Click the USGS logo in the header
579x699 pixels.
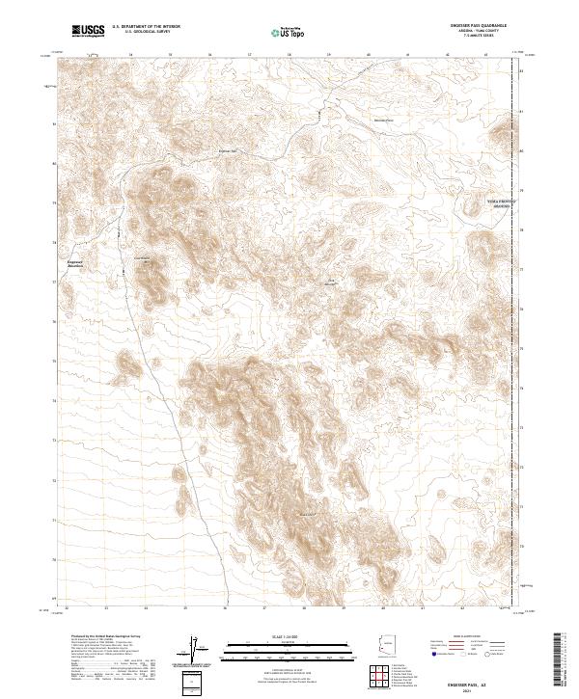[x=89, y=32]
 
